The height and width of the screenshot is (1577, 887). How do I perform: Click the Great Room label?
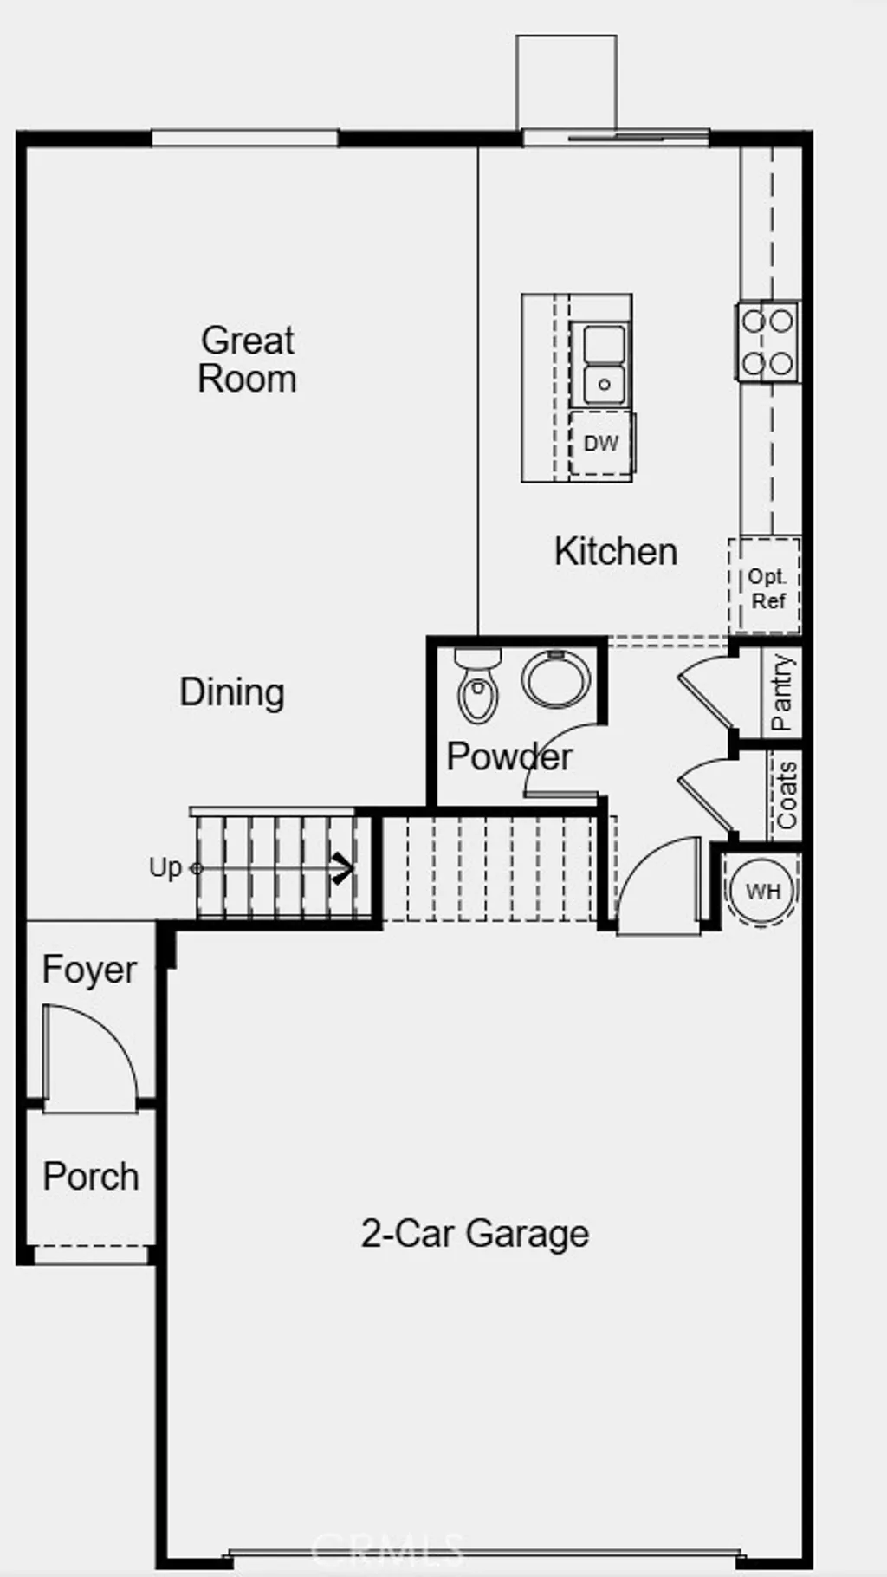pyautogui.click(x=248, y=360)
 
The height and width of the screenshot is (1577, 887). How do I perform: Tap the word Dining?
pyautogui.click(x=232, y=692)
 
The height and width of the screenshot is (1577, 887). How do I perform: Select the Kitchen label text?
pyautogui.click(x=616, y=552)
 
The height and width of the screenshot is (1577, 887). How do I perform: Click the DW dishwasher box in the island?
pyautogui.click(x=600, y=444)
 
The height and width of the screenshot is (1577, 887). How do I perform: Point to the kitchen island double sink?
pyautogui.click(x=604, y=364)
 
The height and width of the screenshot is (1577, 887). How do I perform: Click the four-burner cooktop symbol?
pyautogui.click(x=768, y=341)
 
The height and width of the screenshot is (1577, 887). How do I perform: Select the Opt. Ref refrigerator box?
pyautogui.click(x=766, y=587)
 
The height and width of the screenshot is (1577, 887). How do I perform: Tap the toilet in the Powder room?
pyautogui.click(x=478, y=686)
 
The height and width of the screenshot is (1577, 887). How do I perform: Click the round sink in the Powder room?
pyautogui.click(x=556, y=679)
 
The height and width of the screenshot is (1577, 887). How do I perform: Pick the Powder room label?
pyautogui.click(x=508, y=756)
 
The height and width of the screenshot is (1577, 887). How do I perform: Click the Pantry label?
pyautogui.click(x=781, y=692)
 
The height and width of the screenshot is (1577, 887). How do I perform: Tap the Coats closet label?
pyautogui.click(x=786, y=795)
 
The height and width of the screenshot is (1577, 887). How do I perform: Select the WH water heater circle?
pyautogui.click(x=762, y=891)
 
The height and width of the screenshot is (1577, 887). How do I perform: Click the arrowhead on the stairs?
pyautogui.click(x=344, y=868)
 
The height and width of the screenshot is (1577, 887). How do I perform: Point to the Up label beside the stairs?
pyautogui.click(x=165, y=867)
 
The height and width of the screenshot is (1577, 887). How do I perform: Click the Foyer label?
pyautogui.click(x=89, y=970)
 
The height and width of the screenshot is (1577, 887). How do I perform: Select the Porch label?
pyautogui.click(x=91, y=1177)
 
